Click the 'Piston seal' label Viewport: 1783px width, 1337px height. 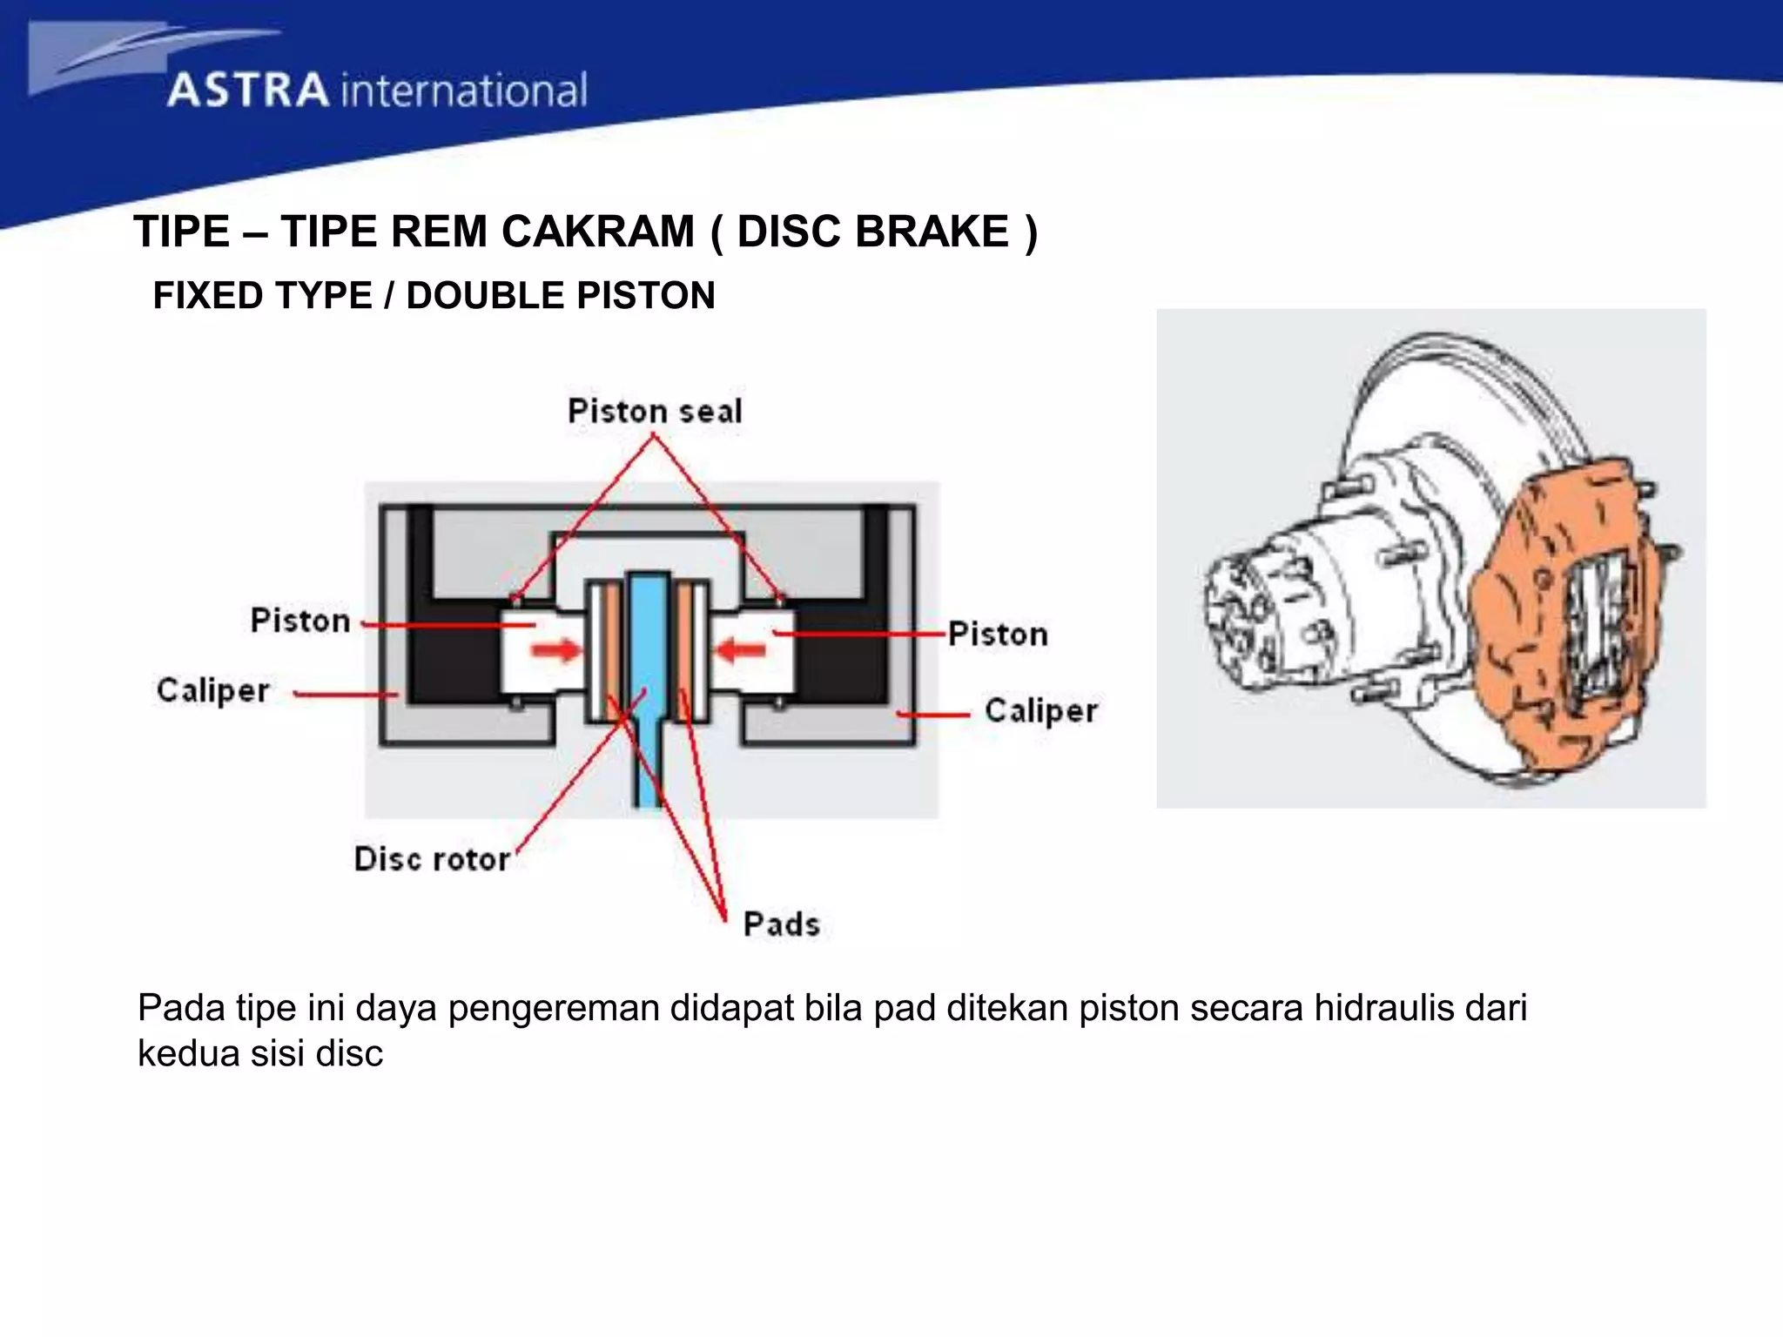655,411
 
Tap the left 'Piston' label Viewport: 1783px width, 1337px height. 300,621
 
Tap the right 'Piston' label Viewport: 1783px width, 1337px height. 998,634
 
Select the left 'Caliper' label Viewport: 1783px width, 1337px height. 213,690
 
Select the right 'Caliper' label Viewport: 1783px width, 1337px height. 1041,710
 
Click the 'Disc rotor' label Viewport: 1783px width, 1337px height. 432,859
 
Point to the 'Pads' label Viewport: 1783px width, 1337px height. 781,924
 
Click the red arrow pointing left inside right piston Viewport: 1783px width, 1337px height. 741,649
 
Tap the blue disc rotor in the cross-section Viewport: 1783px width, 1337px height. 649,662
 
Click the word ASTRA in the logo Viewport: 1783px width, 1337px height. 248,91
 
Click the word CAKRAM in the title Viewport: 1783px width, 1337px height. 597,232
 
